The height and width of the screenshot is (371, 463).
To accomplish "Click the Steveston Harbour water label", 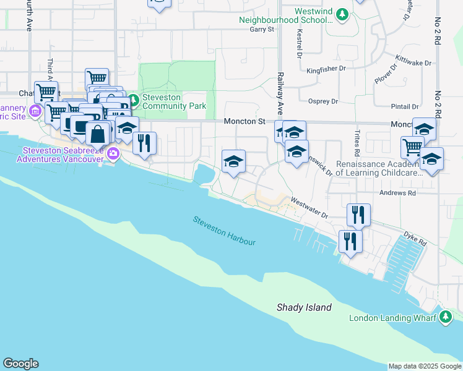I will tap(223, 231).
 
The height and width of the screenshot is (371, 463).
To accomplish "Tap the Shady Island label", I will tap(304, 307).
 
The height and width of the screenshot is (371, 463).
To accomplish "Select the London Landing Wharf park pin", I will tap(446, 318).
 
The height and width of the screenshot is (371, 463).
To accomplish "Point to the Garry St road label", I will tap(261, 29).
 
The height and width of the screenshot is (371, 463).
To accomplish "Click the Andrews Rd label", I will tap(399, 193).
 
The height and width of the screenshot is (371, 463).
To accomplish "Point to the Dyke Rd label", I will tap(418, 240).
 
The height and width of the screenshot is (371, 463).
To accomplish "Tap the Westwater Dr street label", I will tap(309, 208).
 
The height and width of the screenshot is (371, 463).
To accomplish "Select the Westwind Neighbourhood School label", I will tap(285, 15).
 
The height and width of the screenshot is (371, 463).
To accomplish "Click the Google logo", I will tap(20, 364).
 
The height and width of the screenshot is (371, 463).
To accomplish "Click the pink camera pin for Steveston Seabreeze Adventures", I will tap(113, 153).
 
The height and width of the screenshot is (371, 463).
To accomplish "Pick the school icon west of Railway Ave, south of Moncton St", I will tap(233, 161).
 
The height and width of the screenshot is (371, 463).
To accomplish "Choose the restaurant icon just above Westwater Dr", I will tap(358, 215).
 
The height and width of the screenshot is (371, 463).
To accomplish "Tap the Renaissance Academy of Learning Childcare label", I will tap(379, 169).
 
